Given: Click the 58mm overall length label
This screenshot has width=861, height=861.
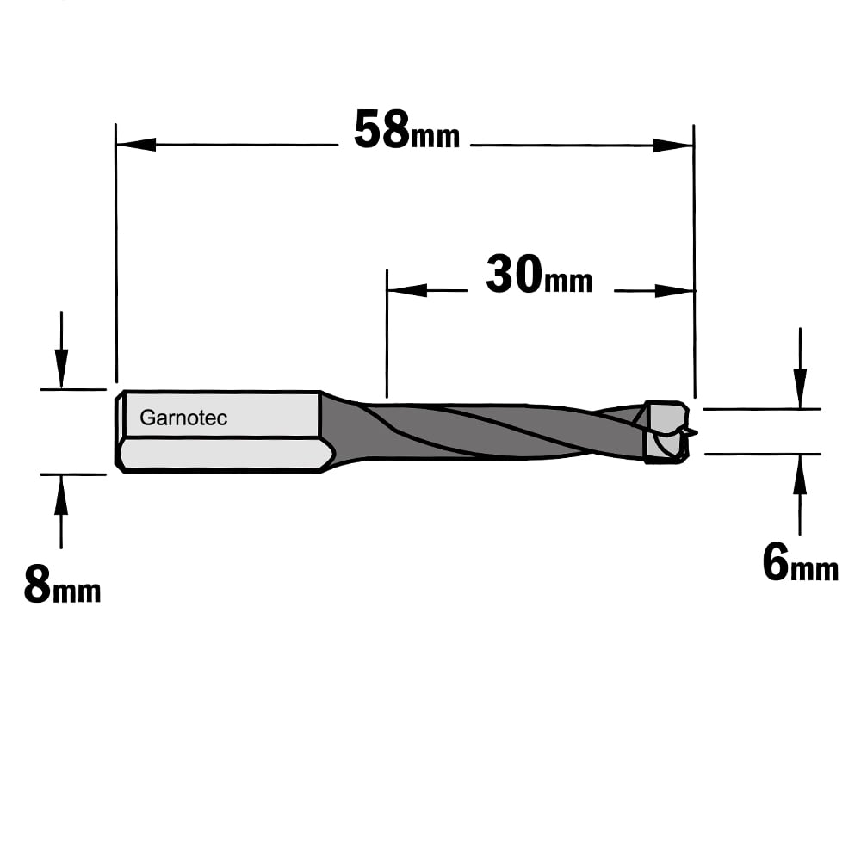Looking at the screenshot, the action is [x=407, y=130].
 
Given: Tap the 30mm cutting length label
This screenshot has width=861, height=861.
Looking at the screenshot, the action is [x=539, y=275].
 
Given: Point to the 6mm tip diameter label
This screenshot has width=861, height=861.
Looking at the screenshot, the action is [x=801, y=563].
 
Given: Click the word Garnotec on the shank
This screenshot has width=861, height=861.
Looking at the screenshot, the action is [x=183, y=418].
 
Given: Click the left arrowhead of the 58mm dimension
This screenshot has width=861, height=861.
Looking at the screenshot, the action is [x=136, y=145].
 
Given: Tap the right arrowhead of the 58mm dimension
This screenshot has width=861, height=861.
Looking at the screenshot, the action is [x=673, y=146].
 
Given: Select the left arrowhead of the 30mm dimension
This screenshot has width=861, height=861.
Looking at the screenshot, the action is [x=407, y=290].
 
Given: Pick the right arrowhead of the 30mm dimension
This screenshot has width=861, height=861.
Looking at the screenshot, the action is [x=675, y=290].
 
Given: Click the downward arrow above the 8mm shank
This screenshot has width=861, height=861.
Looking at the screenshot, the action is [x=61, y=350].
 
